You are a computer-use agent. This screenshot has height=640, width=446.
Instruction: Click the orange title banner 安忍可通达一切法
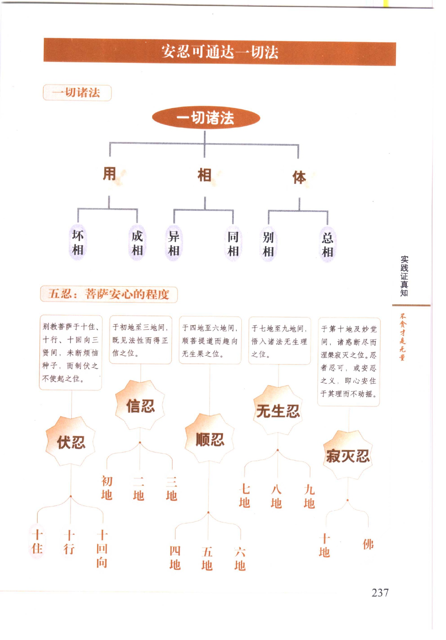coord(220,52)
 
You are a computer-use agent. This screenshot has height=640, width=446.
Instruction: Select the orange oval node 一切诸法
coord(206,117)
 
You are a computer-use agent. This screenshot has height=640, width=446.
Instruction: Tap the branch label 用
coord(109,173)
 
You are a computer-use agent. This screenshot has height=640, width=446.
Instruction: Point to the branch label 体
coord(299,177)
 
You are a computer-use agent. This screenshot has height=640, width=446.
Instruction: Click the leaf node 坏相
coord(77,242)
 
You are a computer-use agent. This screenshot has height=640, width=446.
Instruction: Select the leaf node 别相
coord(268,244)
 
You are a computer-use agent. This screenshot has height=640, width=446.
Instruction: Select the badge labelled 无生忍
coord(278,411)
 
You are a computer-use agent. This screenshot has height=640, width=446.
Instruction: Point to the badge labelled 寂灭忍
coord(348,455)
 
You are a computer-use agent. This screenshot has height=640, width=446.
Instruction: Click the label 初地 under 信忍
coord(107,488)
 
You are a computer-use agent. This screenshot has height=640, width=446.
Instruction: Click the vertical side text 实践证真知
coord(404,276)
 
